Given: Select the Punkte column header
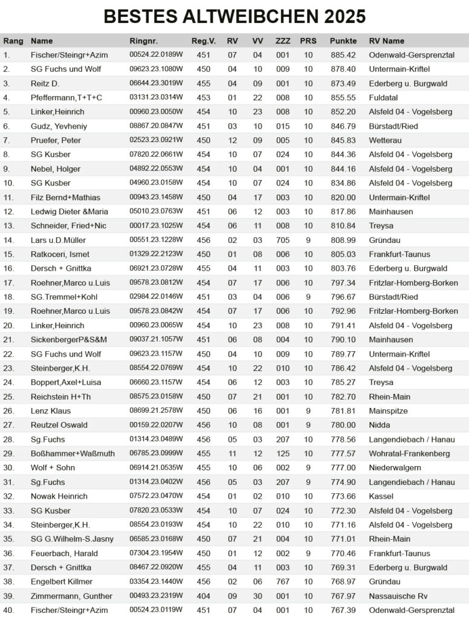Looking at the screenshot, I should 343,41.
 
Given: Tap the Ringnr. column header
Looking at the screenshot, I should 144,41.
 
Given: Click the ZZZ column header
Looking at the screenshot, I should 283,41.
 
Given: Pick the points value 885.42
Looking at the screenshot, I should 343,55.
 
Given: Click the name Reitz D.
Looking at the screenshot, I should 45,83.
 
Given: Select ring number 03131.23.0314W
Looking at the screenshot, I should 156,97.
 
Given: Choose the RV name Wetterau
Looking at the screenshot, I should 386,140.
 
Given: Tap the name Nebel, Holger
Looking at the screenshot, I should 55,169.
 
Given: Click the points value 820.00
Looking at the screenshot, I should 343,197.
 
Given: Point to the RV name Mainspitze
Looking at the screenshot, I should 389,411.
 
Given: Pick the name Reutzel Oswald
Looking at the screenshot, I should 59,425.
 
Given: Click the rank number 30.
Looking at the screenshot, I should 8,468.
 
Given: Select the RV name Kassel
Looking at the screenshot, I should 381,496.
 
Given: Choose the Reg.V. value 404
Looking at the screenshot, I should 204,596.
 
